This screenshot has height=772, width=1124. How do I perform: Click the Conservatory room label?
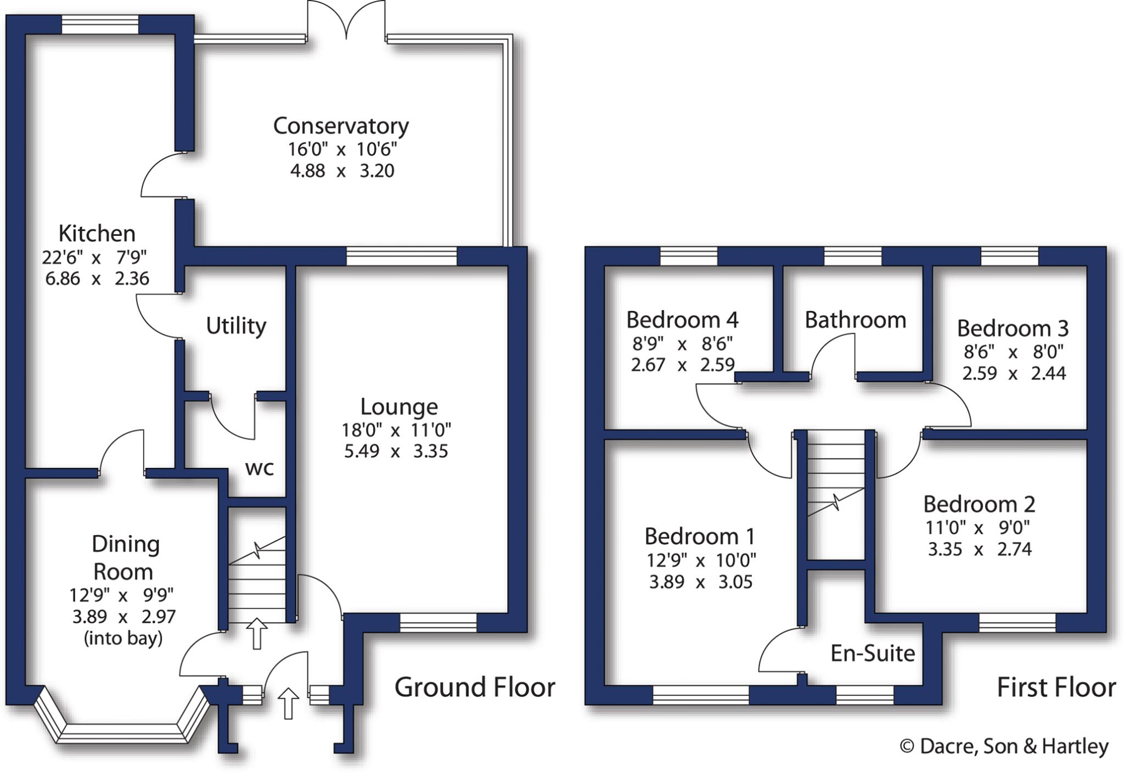(341, 126)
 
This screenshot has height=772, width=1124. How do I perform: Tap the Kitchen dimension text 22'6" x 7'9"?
(94, 257)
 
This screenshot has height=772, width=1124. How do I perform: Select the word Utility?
(236, 326)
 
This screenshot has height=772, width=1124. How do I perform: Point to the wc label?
(259, 468)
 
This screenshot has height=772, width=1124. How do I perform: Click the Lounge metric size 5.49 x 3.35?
(396, 451)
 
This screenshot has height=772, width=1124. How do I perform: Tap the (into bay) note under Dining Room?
(123, 638)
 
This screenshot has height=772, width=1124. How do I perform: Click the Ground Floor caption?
(475, 687)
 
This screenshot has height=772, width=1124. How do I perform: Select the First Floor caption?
(1056, 687)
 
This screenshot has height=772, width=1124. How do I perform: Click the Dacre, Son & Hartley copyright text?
(1004, 746)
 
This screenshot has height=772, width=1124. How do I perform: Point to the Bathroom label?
(855, 320)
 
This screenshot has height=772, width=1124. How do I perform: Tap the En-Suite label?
(873, 653)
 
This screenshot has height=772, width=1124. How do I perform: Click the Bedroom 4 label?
(682, 319)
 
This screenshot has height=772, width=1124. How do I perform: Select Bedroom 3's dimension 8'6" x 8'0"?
(1013, 351)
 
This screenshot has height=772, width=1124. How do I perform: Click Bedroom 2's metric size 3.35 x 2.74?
(980, 549)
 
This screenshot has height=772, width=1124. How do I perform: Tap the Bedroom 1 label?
(700, 536)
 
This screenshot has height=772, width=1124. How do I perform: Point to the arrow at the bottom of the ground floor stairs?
(256, 633)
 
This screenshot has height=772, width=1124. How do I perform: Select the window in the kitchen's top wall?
(99, 25)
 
